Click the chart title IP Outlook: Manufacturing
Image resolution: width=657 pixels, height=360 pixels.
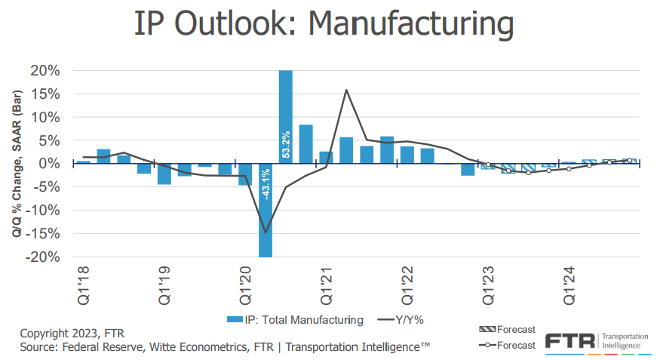324,24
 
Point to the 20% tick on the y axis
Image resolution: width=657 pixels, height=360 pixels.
45,71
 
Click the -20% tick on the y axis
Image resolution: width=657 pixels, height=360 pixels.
42,257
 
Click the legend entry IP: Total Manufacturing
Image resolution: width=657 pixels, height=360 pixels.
296,319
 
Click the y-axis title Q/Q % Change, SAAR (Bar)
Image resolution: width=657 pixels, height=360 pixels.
17,164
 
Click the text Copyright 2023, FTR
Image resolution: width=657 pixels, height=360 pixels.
72,333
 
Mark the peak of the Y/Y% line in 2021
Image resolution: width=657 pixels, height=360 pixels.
346,90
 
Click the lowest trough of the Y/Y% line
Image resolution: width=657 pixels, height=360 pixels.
266,232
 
